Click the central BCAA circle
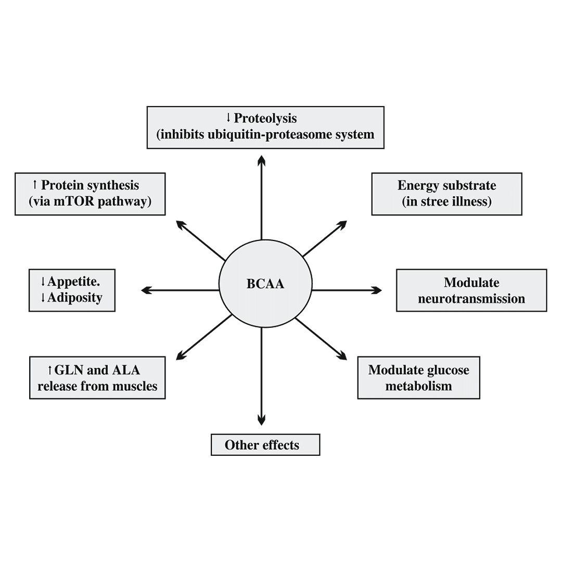(265, 285)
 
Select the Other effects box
(265, 445)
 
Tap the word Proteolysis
(265, 118)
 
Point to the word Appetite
(73, 282)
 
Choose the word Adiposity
(75, 298)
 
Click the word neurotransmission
(471, 299)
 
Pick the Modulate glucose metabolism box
(418, 378)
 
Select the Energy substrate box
(446, 194)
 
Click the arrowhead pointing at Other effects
(261, 419)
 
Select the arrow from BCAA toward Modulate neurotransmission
(346, 290)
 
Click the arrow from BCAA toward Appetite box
(180, 290)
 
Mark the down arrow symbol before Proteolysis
(228, 118)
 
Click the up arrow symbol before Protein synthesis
(35, 185)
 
